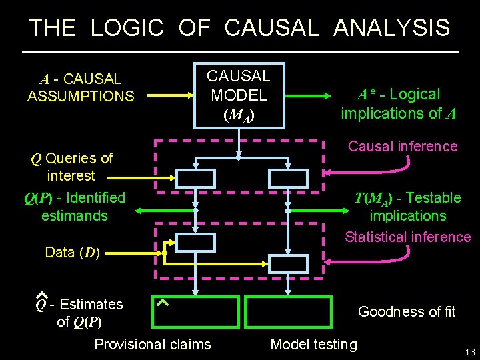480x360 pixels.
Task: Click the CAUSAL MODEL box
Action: click(x=238, y=95)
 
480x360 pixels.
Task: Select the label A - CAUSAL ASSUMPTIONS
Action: click(x=81, y=88)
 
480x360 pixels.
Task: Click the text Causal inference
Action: click(x=403, y=147)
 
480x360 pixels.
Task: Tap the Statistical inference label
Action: click(x=407, y=237)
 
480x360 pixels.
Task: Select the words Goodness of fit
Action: click(x=407, y=311)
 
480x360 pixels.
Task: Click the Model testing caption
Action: click(x=313, y=344)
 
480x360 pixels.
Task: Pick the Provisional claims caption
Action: click(x=153, y=344)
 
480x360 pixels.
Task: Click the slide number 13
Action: click(x=469, y=352)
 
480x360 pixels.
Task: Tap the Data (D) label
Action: click(x=72, y=253)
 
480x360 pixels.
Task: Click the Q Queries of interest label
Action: click(x=72, y=167)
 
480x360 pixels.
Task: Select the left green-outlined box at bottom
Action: click(x=195, y=313)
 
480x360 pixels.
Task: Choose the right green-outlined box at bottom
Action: click(x=288, y=313)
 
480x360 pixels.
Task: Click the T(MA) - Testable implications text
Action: click(x=408, y=207)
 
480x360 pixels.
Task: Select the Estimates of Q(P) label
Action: click(x=81, y=313)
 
